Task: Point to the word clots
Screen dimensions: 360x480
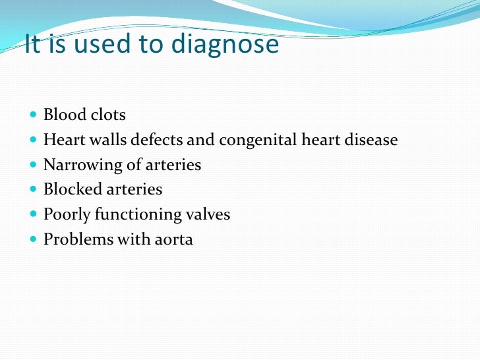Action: (x=108, y=115)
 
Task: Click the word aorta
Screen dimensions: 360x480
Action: (x=174, y=240)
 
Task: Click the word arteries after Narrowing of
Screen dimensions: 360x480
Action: (x=174, y=165)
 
